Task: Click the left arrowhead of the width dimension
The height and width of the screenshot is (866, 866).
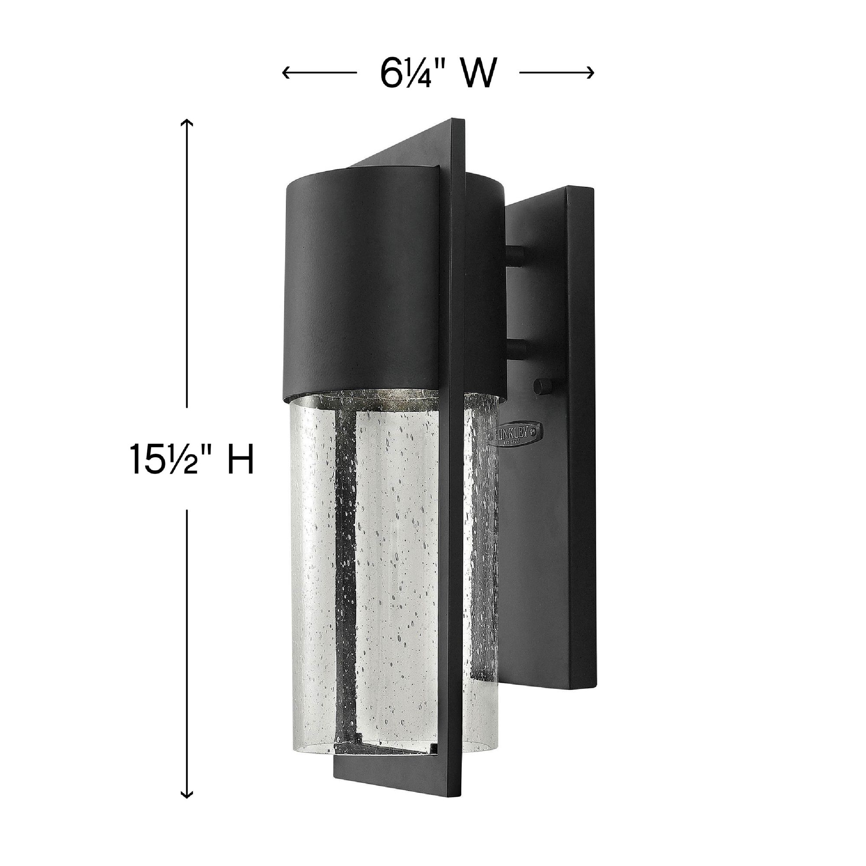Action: pyautogui.click(x=285, y=72)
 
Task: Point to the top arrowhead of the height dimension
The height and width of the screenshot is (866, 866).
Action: pyautogui.click(x=187, y=123)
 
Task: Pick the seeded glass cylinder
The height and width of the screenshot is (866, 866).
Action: pyautogui.click(x=394, y=560)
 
